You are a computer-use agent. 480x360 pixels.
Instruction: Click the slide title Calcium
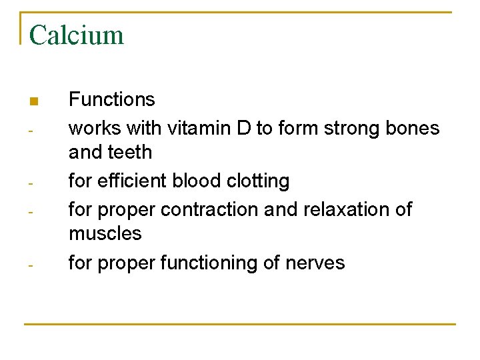coord(77,35)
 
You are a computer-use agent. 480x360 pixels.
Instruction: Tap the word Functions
coord(112,100)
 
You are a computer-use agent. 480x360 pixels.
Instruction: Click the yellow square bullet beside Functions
coord(33,102)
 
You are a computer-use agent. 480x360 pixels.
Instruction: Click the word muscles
coord(105,234)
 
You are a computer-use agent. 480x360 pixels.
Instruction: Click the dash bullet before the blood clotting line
coord(31,182)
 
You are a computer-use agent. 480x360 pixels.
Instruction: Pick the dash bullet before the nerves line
coord(31,265)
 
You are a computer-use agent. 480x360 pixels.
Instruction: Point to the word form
coord(296,127)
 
